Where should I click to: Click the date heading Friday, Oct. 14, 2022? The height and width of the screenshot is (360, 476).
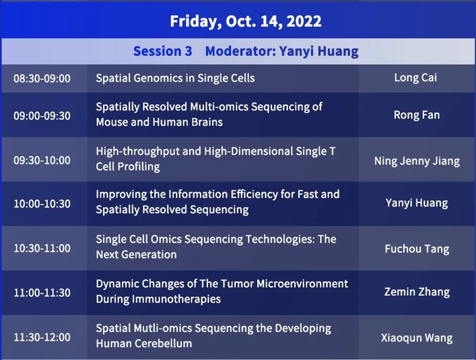pos(245,21)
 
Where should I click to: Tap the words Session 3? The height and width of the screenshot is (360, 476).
pos(163,51)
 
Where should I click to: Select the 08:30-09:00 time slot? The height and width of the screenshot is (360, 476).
pos(42,78)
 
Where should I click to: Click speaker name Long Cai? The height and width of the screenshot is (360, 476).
pos(415,78)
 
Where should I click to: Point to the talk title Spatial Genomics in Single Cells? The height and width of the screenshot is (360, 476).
pos(175,78)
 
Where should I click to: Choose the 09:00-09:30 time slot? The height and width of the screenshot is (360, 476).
pos(42,116)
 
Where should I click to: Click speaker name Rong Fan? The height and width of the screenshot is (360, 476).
pos(416,115)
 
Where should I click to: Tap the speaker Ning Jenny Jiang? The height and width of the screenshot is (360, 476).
pos(417,161)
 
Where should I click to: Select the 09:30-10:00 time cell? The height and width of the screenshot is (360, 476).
pos(42,160)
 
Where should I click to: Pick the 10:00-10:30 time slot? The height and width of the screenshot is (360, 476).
pos(42,204)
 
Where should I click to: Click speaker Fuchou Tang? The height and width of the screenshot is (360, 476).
pos(417,249)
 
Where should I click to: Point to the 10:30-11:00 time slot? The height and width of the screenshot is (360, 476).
pos(42,248)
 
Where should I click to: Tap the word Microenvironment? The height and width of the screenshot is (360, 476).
pos(302,283)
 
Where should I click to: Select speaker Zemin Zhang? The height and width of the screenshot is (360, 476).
pos(417,292)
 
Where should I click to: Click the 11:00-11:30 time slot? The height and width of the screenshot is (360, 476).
pos(42,293)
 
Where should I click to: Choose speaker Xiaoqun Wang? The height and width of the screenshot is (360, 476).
pos(417,338)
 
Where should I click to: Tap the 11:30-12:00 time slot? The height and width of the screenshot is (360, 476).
pos(42,337)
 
